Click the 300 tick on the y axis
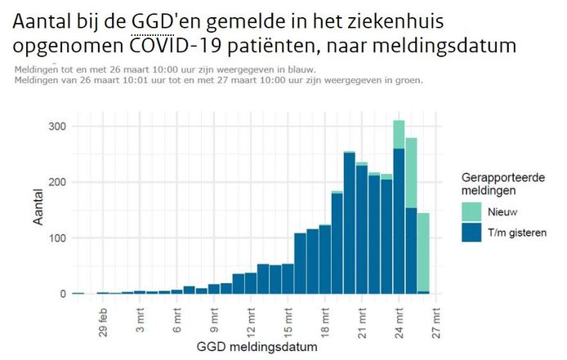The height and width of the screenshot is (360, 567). click(56, 127)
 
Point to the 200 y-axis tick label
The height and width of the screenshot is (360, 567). click(56, 182)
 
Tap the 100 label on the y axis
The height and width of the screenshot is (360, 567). click(56, 238)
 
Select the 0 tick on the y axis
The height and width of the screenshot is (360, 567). click(62, 293)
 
